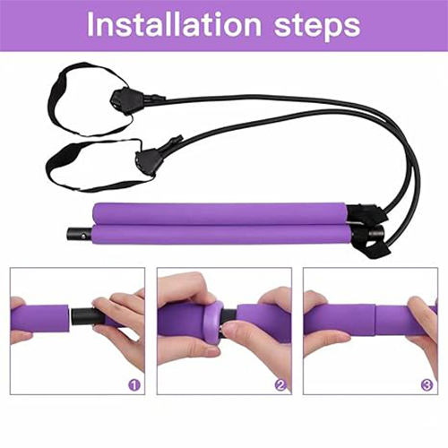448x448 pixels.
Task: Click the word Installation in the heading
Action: [174, 24]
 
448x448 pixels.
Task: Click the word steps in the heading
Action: [317, 27]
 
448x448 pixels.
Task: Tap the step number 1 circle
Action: [134, 385]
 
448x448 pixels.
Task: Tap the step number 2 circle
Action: [280, 385]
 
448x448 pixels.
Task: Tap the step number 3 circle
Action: [426, 385]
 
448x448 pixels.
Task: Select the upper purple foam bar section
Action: [220, 214]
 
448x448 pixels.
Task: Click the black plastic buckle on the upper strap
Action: [124, 99]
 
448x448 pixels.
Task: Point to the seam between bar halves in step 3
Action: [375, 320]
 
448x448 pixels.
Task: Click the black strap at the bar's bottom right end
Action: [374, 249]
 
